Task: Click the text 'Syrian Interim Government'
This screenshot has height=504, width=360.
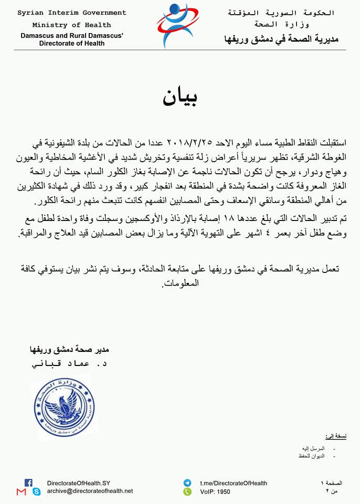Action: tap(72, 13)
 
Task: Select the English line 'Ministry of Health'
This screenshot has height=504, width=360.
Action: tap(72, 25)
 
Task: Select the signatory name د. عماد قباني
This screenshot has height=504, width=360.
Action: tap(68, 364)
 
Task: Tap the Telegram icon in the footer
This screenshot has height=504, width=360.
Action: tap(187, 483)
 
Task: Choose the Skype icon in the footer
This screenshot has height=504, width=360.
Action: tap(36, 492)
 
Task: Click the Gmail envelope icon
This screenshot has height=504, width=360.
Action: tap(21, 492)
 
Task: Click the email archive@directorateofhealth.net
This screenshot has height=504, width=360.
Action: tap(90, 491)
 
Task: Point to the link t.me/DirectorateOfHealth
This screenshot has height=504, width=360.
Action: tap(234, 483)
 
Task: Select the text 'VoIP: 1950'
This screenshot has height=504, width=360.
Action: tap(215, 492)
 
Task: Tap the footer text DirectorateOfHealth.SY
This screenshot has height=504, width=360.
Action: tap(79, 483)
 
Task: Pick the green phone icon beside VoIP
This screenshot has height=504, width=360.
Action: tap(187, 492)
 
